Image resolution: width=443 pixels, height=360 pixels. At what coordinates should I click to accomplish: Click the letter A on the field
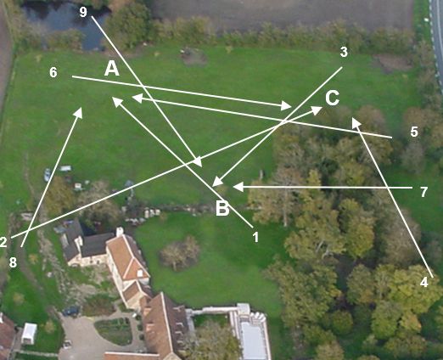click(x=112, y=70)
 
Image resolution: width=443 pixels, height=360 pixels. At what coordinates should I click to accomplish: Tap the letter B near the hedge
click(x=222, y=209)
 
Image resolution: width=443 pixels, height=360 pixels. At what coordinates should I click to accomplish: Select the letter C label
click(x=332, y=98)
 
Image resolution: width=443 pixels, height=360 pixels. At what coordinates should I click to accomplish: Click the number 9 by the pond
click(x=83, y=12)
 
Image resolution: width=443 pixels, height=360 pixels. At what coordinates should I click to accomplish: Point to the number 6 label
click(x=53, y=72)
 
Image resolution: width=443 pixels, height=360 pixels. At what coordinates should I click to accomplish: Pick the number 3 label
click(x=344, y=53)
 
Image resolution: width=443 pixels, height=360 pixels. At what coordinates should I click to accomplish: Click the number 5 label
click(x=414, y=132)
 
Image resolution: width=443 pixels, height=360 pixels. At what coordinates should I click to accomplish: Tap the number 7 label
click(x=423, y=192)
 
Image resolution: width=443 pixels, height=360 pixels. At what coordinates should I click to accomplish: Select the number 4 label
click(x=423, y=282)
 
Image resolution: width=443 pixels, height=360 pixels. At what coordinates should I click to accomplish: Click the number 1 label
click(x=255, y=237)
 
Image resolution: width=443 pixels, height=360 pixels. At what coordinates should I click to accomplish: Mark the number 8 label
click(x=13, y=262)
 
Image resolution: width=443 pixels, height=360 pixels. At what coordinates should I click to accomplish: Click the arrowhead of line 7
click(x=238, y=187)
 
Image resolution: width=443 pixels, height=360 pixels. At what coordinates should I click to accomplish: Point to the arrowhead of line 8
click(x=78, y=112)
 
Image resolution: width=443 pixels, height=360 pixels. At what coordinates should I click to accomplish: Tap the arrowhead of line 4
click(x=356, y=123)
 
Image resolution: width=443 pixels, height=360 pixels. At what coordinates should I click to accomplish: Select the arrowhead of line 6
click(x=286, y=105)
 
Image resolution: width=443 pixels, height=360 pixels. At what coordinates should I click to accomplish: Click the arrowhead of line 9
click(x=198, y=161)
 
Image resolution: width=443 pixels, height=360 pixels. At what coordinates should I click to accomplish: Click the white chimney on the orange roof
click(x=120, y=232)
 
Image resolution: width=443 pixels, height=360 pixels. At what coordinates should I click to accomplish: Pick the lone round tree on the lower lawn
click(x=180, y=253)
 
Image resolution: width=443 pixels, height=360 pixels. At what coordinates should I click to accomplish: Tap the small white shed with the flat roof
click(x=29, y=334)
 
